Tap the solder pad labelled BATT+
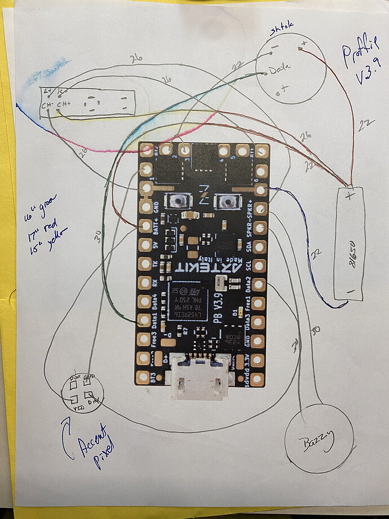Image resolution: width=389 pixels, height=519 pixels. [146, 226]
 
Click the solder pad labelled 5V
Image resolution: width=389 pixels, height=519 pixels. [146, 245]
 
